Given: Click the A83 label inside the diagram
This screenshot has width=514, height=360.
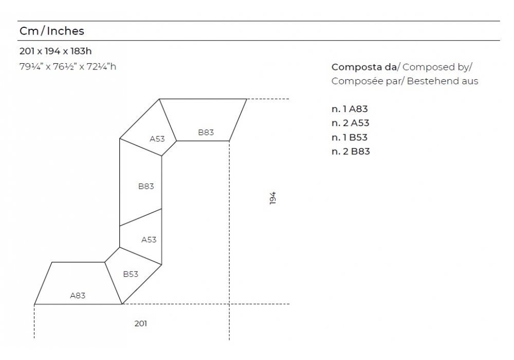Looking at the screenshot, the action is (x=78, y=295).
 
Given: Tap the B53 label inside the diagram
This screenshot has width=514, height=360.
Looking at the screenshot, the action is (x=131, y=274).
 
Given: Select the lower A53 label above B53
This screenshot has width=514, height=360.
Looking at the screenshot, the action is (x=149, y=240).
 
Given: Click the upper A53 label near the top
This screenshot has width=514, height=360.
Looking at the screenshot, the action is (x=157, y=139).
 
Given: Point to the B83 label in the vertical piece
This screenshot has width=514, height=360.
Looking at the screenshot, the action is (x=146, y=186).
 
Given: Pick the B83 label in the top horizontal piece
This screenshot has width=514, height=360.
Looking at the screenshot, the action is (x=206, y=132).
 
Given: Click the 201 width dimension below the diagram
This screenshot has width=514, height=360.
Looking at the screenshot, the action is (x=141, y=323).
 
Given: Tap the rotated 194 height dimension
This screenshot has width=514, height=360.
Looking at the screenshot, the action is (x=273, y=198).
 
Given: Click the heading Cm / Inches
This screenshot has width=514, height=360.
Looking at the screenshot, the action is (x=52, y=31).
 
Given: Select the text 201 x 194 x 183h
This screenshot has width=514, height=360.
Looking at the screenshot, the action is (x=56, y=51).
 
